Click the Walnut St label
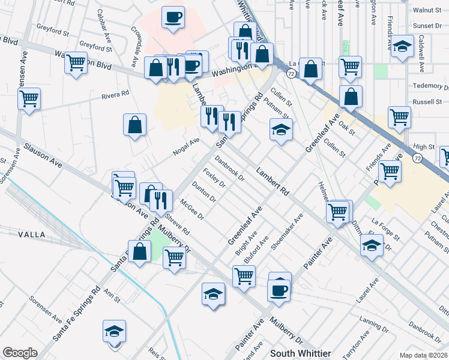coord(427,10)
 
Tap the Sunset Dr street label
coord(427,26)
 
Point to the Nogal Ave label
coord(186,145)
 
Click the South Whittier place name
coord(300,353)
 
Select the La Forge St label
coord(385,229)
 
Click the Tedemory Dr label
coord(427,85)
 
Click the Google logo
coord(20,353)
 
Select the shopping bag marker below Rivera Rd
coord(135,125)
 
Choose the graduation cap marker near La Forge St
coord(372,245)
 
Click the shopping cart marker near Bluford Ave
coord(244,276)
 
